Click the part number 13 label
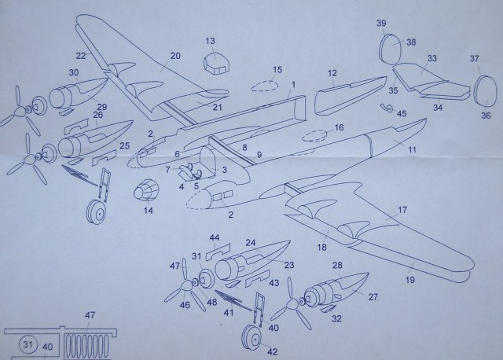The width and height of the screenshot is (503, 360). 211,41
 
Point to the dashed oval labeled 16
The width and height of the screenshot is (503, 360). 316,136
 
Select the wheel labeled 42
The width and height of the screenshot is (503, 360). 251,336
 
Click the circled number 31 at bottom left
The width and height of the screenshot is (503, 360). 28,344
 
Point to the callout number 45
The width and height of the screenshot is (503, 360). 401,113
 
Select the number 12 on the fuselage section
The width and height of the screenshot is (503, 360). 332,73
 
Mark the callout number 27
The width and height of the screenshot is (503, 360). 372,298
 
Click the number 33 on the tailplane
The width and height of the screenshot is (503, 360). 431,57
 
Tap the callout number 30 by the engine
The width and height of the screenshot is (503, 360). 73,73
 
